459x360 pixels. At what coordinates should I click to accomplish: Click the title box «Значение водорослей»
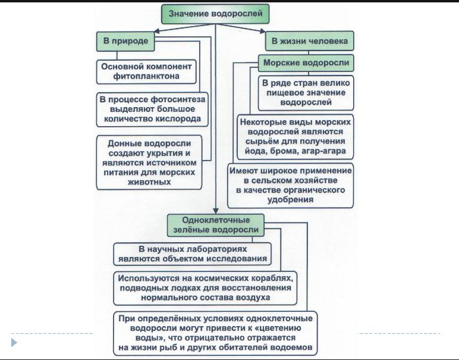tap(215, 12)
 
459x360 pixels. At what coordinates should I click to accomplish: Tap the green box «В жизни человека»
tap(309, 40)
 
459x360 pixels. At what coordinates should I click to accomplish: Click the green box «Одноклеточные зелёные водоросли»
tap(215, 224)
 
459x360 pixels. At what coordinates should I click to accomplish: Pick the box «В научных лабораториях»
tap(192, 253)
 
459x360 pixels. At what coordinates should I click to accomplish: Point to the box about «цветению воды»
tap(217, 333)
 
